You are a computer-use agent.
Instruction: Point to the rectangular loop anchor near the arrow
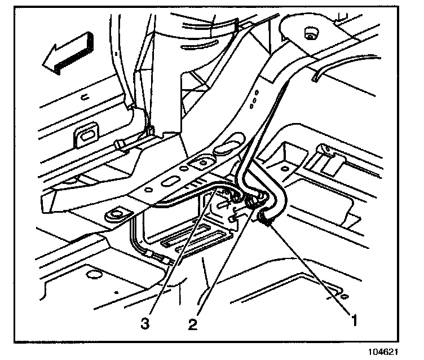(x=86, y=135)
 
